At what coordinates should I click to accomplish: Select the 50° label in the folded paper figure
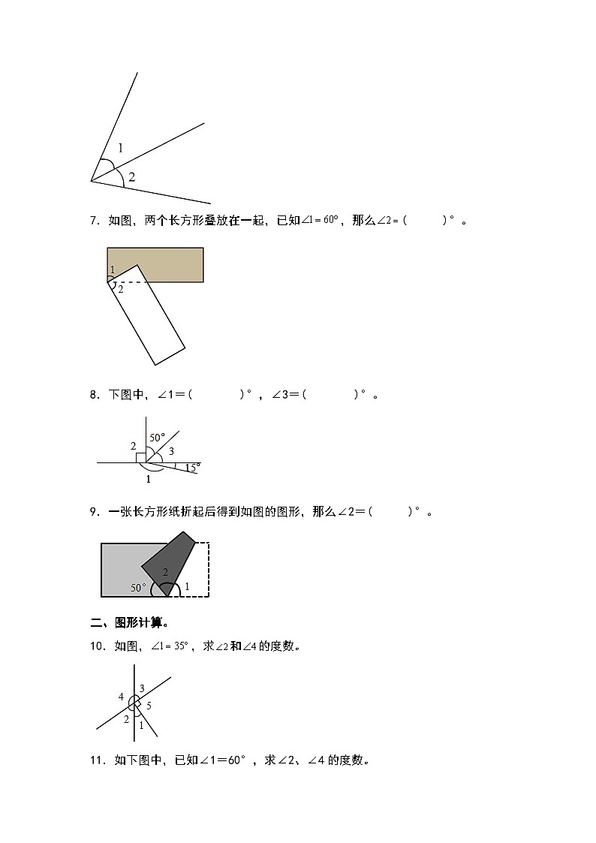[x=139, y=588]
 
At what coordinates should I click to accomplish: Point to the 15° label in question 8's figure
[x=192, y=468]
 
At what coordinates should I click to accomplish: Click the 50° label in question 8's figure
[x=156, y=437]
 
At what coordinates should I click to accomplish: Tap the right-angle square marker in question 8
[x=140, y=458]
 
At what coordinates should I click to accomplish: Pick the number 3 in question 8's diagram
[x=171, y=451]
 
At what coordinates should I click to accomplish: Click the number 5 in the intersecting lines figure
[x=149, y=705]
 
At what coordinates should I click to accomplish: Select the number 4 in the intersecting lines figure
[x=121, y=697]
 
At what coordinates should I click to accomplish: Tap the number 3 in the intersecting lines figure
[x=141, y=688]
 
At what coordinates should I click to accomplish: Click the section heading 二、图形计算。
[x=129, y=622]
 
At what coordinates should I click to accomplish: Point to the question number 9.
[x=94, y=512]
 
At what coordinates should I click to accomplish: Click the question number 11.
[x=97, y=760]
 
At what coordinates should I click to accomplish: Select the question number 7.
[x=94, y=221]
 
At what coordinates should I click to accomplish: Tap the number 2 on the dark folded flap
[x=165, y=572]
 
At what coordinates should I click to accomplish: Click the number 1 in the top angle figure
[x=120, y=148]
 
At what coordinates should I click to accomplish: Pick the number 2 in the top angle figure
[x=131, y=177]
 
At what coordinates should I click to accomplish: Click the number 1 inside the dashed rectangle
[x=187, y=586]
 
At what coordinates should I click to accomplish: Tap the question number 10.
[x=97, y=646]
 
